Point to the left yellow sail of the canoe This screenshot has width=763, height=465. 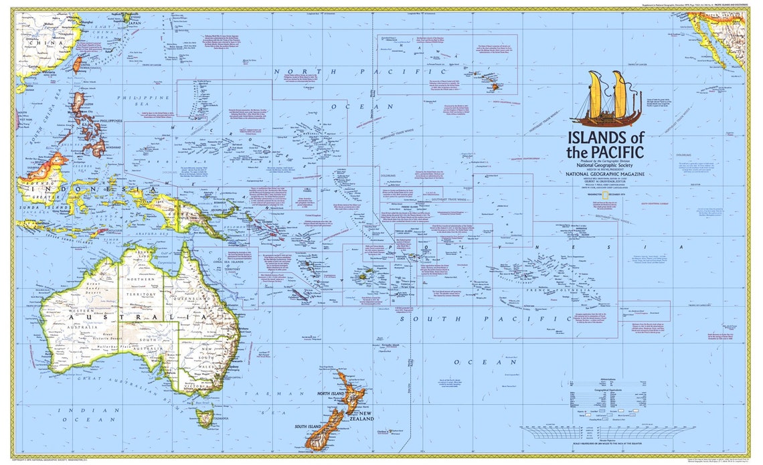[595, 94]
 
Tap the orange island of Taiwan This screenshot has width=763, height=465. [78, 64]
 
